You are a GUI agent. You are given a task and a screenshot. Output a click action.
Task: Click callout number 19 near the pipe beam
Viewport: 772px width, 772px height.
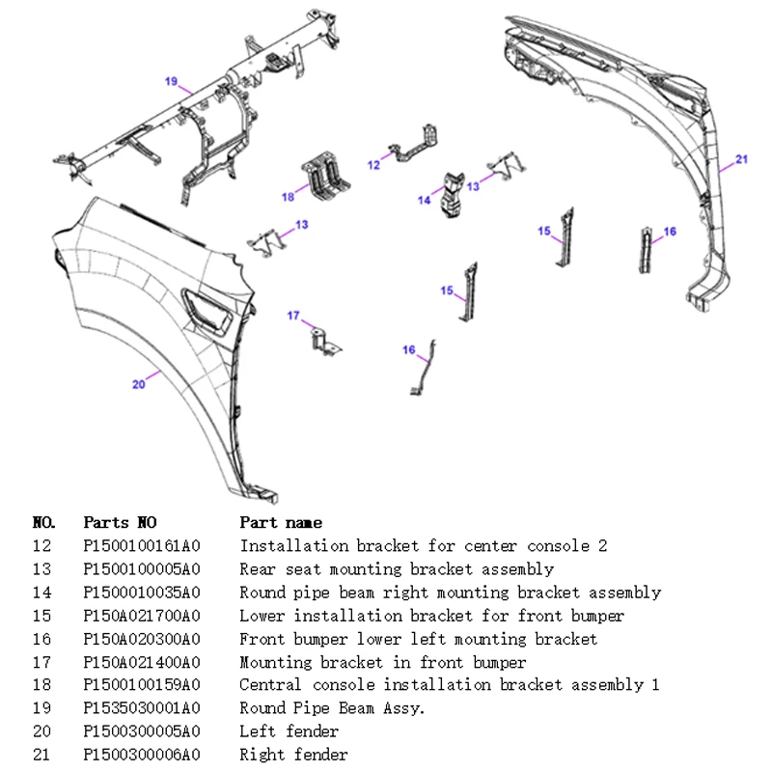[x=171, y=81]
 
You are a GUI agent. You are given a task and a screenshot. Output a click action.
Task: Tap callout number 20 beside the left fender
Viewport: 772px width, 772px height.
[x=138, y=384]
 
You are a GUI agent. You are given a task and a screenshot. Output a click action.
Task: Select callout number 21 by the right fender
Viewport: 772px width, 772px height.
[x=741, y=159]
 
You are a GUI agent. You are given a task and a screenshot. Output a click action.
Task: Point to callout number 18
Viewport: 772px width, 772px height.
[x=288, y=197]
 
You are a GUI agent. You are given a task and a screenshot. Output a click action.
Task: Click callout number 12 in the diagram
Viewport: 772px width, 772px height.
[x=373, y=165]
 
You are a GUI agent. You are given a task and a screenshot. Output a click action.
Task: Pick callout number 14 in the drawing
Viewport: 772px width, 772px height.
[x=424, y=200]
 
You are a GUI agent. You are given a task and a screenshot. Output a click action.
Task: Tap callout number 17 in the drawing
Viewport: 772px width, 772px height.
[x=293, y=316]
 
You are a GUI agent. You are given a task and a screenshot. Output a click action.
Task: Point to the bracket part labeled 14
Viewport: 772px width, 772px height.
[x=453, y=194]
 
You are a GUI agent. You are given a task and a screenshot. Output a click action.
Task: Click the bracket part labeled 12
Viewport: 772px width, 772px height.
[x=414, y=144]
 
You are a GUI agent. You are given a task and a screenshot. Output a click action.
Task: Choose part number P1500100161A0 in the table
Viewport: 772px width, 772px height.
[x=142, y=545]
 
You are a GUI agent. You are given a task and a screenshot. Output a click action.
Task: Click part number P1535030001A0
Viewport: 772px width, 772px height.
[x=142, y=708]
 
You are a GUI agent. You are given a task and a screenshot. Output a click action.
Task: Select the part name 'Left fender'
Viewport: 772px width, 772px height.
[x=289, y=731]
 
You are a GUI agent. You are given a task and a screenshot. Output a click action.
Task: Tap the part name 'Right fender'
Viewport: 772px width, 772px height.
[x=294, y=755]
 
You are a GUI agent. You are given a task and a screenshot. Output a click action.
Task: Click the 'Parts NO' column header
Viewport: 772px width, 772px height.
[x=120, y=522]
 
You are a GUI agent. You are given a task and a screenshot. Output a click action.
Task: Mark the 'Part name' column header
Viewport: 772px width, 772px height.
[x=281, y=522]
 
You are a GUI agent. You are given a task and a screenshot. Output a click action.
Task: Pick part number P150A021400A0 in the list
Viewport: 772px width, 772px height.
[x=142, y=662]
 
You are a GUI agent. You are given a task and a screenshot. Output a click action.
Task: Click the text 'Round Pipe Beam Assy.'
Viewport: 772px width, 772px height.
[x=332, y=708]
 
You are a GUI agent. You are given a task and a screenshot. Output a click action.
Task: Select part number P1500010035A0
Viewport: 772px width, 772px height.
[x=142, y=592]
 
